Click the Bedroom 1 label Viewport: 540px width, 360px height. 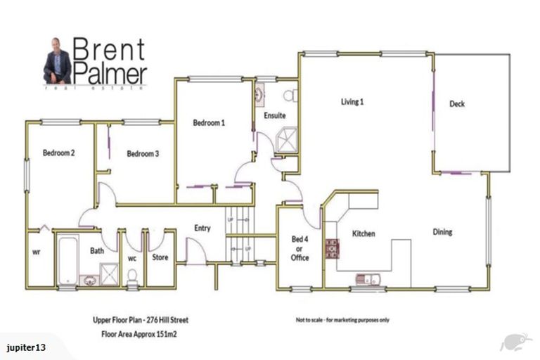click(209, 122)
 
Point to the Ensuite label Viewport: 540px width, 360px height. click(274, 115)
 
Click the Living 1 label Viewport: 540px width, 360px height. click(352, 102)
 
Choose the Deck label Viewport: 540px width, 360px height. click(457, 104)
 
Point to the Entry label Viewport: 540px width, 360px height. click(202, 228)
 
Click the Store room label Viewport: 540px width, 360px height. click(160, 257)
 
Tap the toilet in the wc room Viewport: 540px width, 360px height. click(131, 278)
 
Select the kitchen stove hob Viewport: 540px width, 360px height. click(331, 248)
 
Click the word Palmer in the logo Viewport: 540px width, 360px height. click(112, 72)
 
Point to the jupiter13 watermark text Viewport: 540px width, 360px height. click(26, 347)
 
